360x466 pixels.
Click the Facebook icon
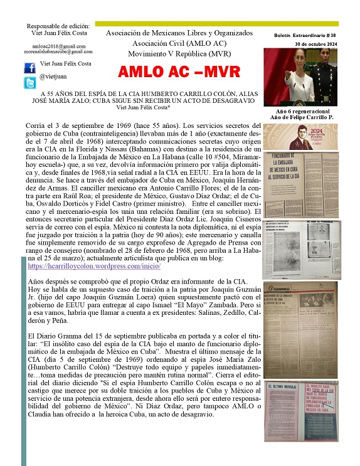30,66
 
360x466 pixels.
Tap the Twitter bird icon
30,82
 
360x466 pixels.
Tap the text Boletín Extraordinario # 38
306,36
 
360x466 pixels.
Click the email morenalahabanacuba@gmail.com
59,51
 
